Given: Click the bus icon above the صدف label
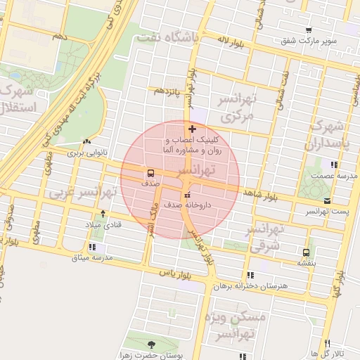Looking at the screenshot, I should point(151,172).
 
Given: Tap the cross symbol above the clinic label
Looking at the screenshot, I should point(192,129).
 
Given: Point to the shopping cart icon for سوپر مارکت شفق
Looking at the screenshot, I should point(309,30).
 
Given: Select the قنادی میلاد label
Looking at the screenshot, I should point(103,224).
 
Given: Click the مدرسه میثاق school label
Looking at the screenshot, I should point(92,257).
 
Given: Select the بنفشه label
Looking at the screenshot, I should point(306,262).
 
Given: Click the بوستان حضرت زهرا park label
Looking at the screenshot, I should point(150,355).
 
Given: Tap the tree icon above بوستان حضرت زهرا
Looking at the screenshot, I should point(150,345).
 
